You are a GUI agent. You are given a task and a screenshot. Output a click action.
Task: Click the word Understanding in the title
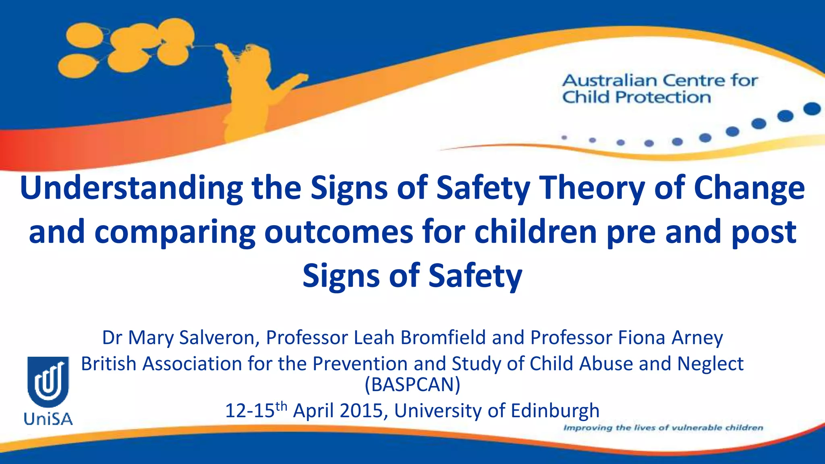(131, 188)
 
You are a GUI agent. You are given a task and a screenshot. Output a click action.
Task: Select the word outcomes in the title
(338, 232)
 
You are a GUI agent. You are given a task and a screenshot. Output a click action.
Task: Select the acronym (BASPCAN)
(412, 385)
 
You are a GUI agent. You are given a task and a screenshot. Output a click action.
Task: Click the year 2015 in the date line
(361, 411)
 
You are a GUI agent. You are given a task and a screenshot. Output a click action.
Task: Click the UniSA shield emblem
(48, 381)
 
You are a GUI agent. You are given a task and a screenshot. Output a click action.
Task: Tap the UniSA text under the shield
(48, 419)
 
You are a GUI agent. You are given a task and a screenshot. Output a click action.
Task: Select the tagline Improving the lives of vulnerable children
(663, 428)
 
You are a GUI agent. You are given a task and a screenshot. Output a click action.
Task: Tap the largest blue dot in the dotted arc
(812, 109)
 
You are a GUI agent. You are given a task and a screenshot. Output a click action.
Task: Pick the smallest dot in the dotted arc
(564, 138)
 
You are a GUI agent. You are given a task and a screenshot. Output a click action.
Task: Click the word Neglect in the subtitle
(710, 364)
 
